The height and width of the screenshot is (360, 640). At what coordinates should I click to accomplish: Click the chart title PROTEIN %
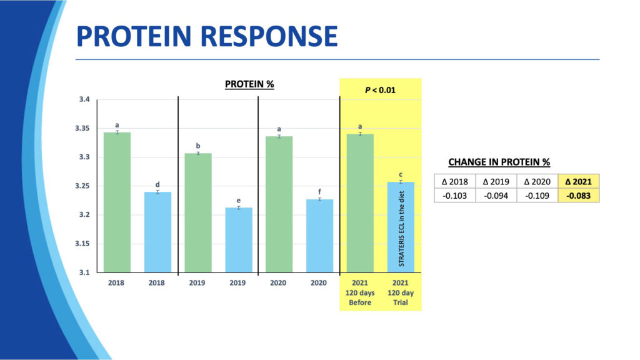tap(249, 84)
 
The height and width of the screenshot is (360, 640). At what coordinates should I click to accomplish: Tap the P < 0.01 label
tap(381, 90)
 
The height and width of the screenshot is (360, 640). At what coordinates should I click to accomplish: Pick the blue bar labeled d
tap(157, 231)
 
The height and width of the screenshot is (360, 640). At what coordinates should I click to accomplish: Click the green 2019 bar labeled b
tap(198, 212)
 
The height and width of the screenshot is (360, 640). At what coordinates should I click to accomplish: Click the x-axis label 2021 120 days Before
tap(360, 292)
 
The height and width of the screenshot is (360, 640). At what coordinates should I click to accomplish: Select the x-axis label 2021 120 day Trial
tap(401, 292)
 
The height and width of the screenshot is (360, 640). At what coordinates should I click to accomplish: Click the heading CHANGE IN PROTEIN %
tap(499, 162)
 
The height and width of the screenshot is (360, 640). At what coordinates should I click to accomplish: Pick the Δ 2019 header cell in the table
tap(496, 182)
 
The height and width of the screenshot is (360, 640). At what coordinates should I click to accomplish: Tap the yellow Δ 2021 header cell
tap(578, 182)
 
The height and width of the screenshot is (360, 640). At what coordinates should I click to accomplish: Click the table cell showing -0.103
tap(454, 196)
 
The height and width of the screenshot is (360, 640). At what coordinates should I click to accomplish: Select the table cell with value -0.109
tap(537, 196)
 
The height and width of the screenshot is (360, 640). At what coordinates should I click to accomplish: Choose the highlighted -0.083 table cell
tap(578, 196)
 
